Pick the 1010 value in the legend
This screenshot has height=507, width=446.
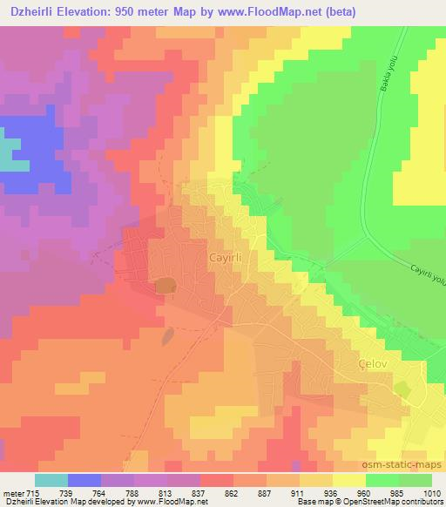pos(433,493)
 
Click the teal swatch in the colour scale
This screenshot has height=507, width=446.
pos(51,480)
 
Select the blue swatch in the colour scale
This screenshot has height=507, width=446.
pos(84,480)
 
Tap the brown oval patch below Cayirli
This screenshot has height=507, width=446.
pos(164,286)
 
